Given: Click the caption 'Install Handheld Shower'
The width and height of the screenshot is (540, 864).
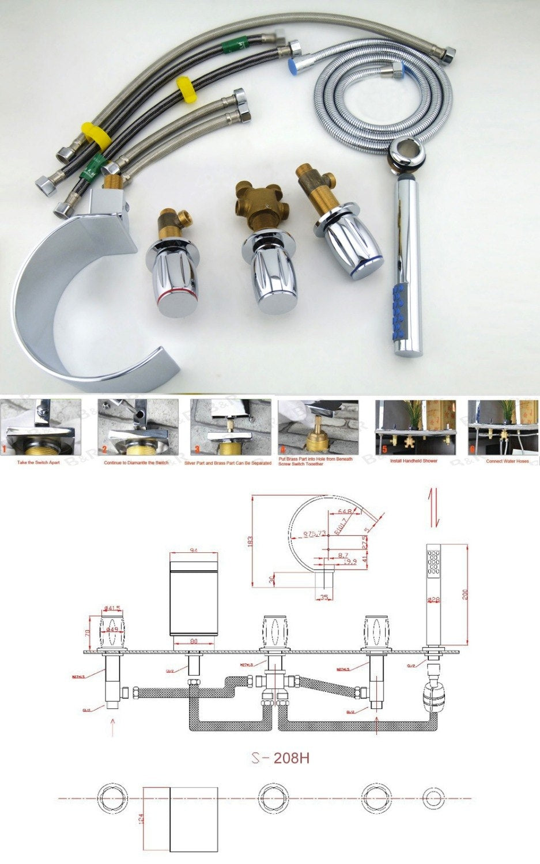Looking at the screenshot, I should point(414,461).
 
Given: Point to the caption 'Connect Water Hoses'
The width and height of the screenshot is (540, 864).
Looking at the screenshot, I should point(507,461).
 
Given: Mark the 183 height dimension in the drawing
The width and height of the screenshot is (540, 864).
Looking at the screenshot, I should point(249,541).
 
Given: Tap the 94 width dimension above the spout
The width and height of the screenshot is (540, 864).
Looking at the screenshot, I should point(194,551).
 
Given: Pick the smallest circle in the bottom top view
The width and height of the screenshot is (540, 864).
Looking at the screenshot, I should point(434,798).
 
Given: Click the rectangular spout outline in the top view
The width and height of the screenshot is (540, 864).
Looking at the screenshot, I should point(180,818).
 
